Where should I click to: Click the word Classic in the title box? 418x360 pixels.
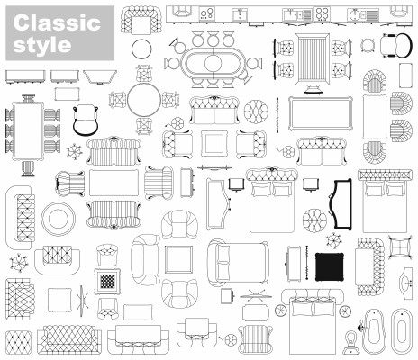click(x=57, y=22)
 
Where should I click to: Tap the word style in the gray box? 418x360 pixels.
click(x=42, y=45)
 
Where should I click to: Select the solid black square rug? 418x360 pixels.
click(x=330, y=267)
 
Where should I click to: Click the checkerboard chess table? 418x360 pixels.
click(x=107, y=282)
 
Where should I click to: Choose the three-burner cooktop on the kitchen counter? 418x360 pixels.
click(x=206, y=14)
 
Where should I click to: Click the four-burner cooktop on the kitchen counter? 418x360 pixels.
click(x=322, y=14)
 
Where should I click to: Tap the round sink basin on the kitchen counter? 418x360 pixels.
click(x=355, y=14)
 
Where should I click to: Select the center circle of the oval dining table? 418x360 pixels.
click(x=214, y=63)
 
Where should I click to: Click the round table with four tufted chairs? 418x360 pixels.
click(x=144, y=100)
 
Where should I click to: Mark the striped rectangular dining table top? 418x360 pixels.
click(x=313, y=60)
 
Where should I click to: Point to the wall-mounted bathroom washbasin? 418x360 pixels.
click(x=406, y=283)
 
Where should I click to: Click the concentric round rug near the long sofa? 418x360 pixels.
click(x=59, y=219)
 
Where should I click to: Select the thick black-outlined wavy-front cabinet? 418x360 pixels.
click(x=341, y=204)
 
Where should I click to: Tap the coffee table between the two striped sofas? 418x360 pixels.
click(x=114, y=183)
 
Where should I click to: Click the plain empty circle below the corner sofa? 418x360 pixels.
click(x=141, y=49)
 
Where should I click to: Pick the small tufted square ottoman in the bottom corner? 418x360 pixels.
click(x=18, y=343)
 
